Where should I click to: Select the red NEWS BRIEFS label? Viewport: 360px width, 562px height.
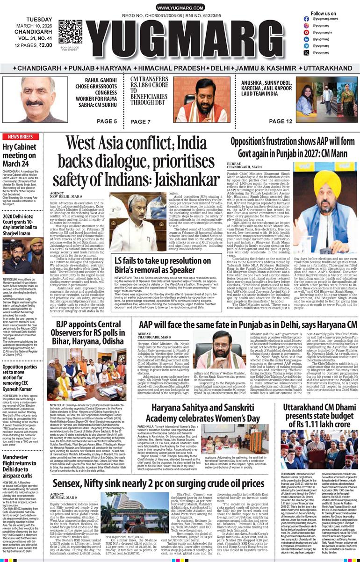pyautogui.click(x=20, y=137)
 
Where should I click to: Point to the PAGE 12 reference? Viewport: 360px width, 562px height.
pyautogui.click(x=281, y=122)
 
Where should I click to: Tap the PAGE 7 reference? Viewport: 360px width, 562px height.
pyautogui.click(x=140, y=122)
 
